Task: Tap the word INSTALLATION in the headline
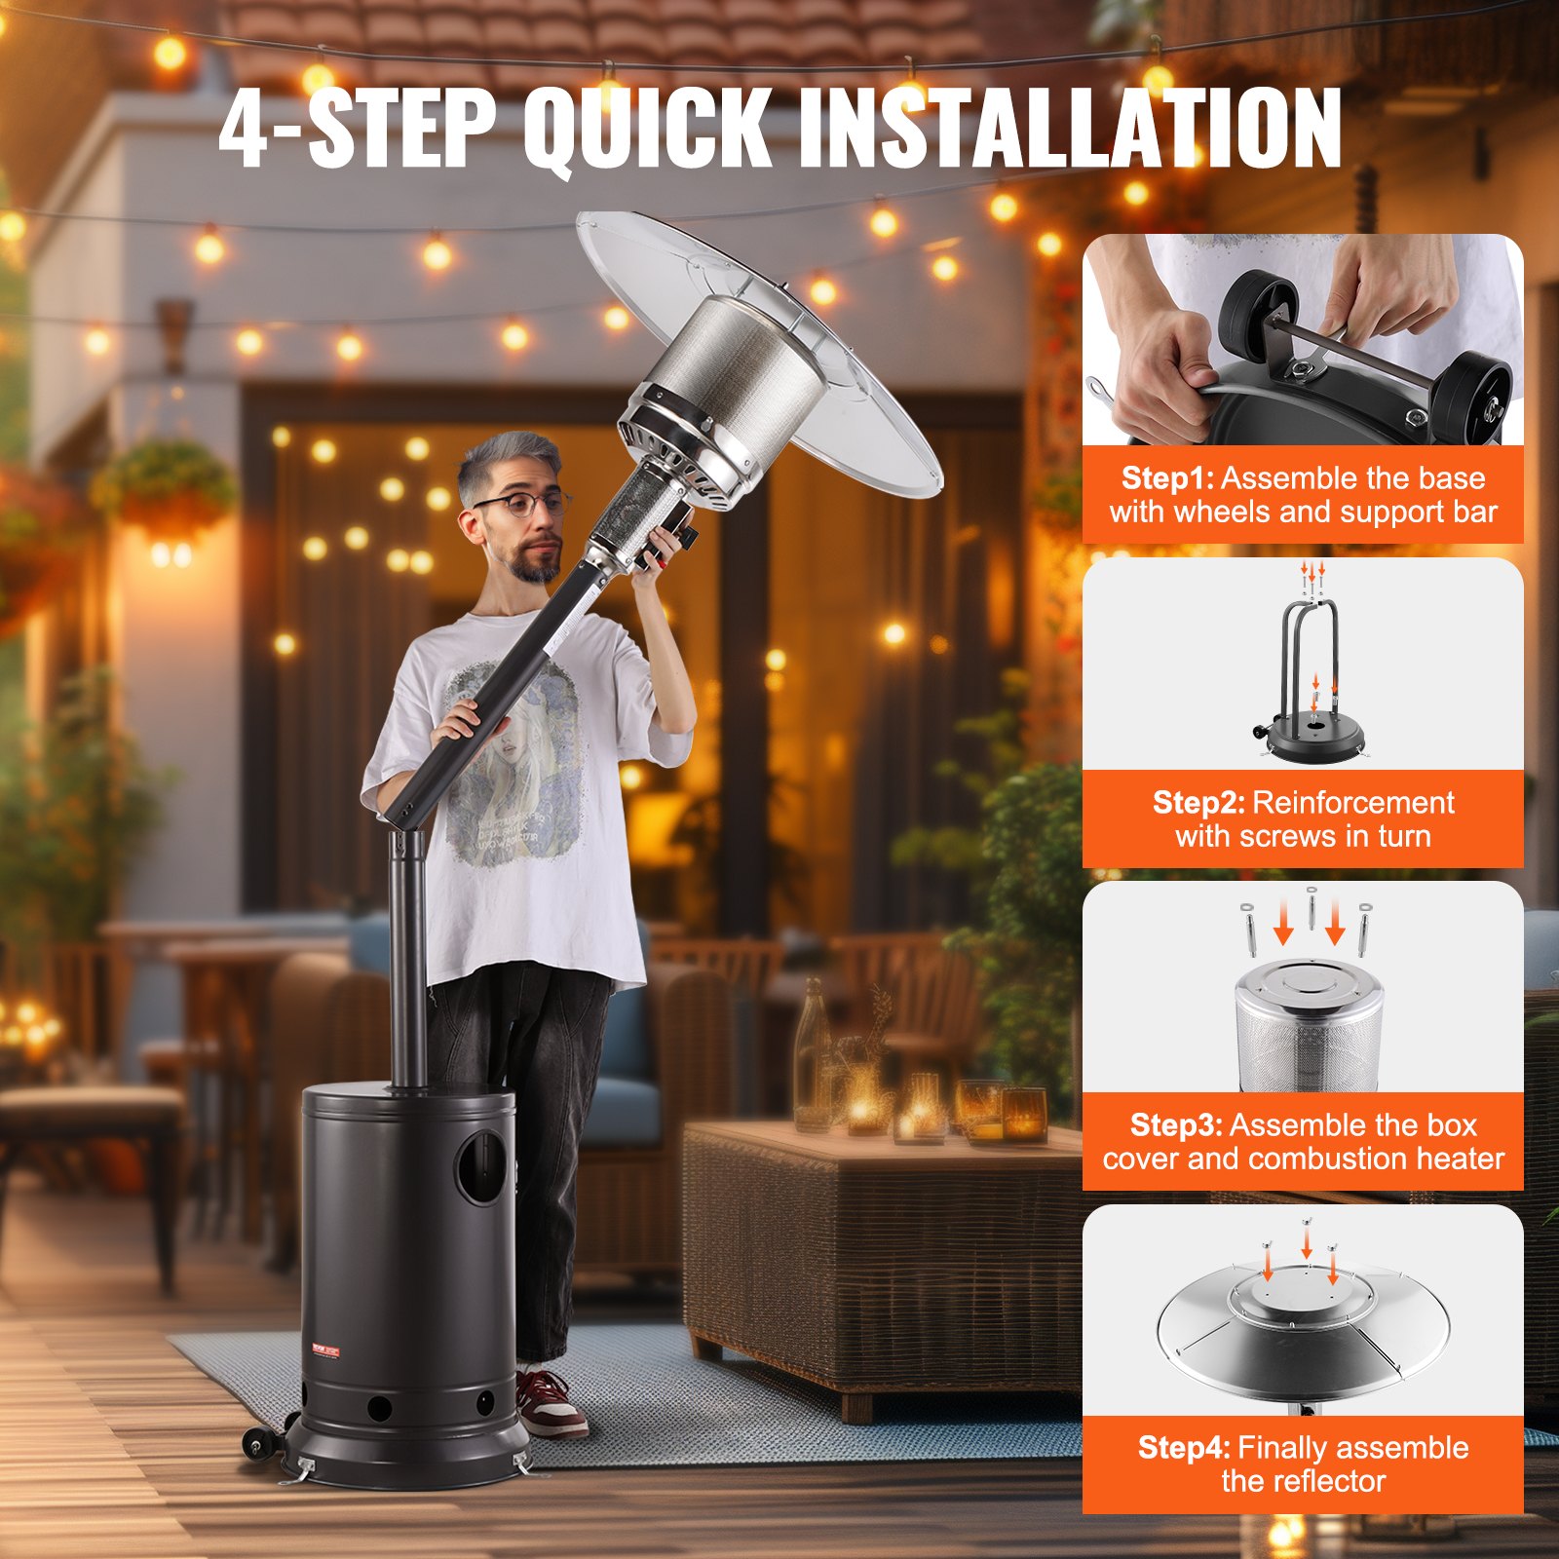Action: click(x=1069, y=129)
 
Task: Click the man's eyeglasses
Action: click(x=522, y=505)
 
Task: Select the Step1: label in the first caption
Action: click(x=1167, y=478)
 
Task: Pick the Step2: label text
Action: click(x=1198, y=803)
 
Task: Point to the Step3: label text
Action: click(x=1176, y=1125)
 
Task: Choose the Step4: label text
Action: click(x=1184, y=1448)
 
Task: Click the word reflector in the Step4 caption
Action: click(x=1303, y=1482)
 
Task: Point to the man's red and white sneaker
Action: click(x=551, y=1404)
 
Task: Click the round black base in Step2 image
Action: click(x=1309, y=743)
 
